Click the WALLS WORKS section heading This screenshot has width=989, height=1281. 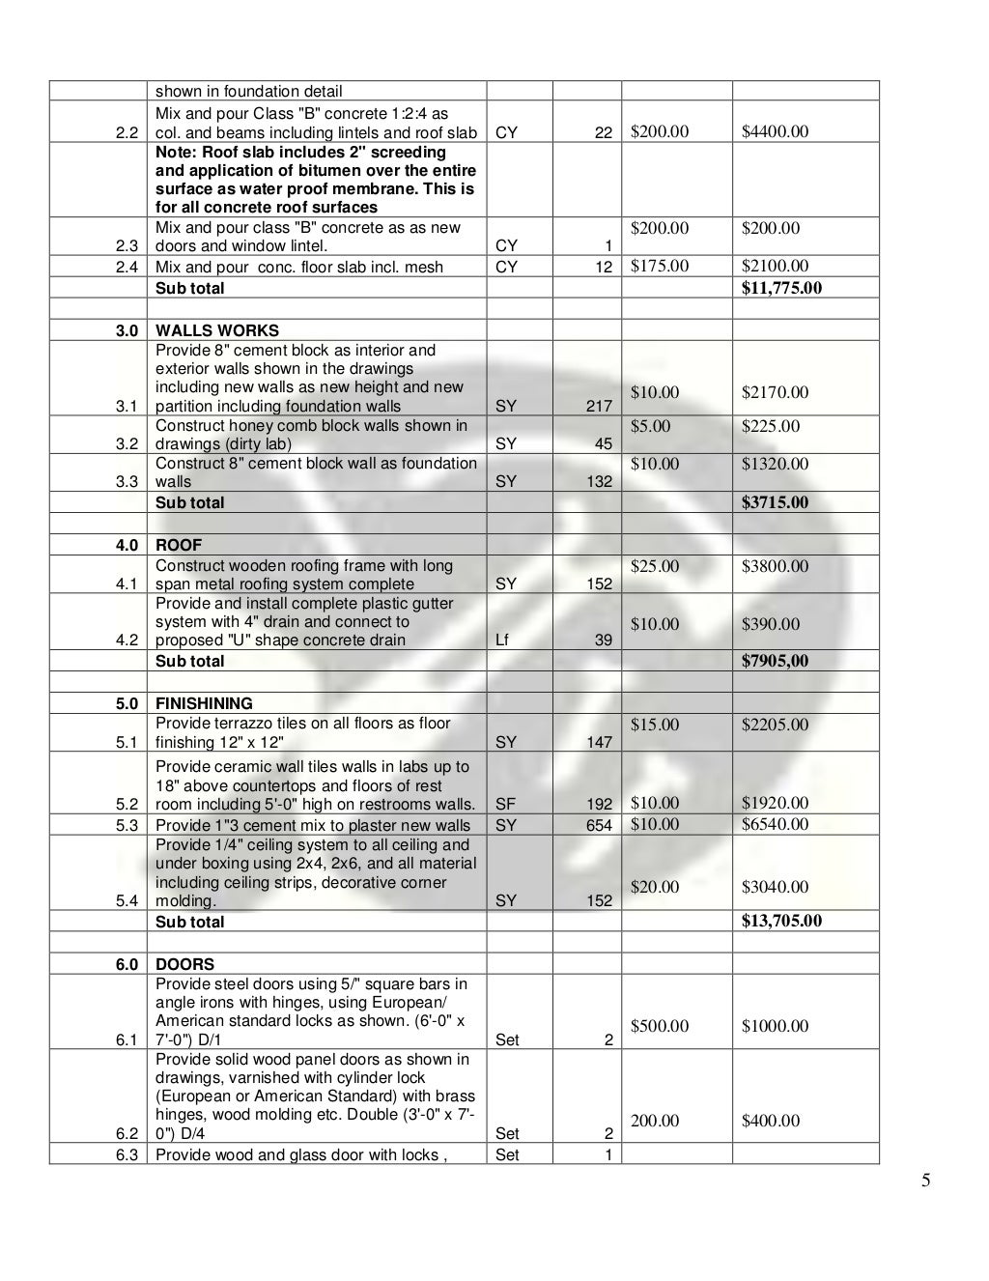(216, 330)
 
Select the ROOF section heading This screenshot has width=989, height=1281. (179, 545)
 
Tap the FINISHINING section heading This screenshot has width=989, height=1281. (204, 703)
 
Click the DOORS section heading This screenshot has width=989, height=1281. (184, 964)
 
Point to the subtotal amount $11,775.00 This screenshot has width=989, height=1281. (781, 287)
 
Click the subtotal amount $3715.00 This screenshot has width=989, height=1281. (775, 501)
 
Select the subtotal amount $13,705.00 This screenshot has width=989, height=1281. (781, 921)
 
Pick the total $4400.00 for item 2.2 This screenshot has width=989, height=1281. (775, 131)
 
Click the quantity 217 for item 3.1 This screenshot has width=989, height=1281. (599, 406)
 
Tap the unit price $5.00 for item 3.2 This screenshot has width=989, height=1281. (650, 426)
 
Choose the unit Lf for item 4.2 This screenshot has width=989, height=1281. (502, 640)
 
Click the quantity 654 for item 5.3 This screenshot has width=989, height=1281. (599, 825)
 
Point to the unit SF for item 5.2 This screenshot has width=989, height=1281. (505, 804)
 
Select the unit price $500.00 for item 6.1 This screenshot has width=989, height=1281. (660, 1026)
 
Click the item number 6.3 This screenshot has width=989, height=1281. (127, 1154)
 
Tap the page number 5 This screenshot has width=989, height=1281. (925, 1180)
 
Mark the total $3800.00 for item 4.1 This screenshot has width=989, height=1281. (775, 566)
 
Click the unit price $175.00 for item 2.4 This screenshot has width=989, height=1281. (660, 266)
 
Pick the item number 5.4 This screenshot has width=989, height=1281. (127, 900)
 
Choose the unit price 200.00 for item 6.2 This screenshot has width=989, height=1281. (655, 1121)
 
